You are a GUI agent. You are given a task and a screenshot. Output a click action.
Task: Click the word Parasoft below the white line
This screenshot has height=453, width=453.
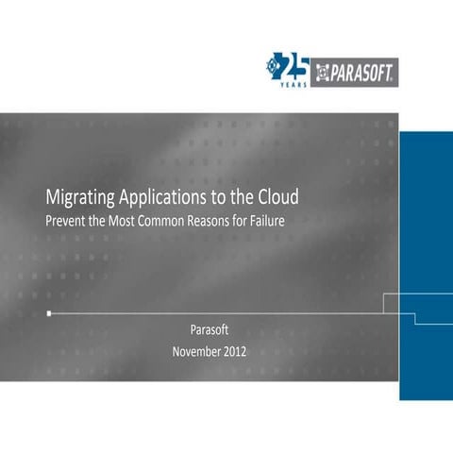click(210, 331)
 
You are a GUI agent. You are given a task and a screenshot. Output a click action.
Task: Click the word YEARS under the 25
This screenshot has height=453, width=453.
click(295, 81)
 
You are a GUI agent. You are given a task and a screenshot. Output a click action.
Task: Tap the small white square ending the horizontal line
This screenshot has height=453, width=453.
click(49, 311)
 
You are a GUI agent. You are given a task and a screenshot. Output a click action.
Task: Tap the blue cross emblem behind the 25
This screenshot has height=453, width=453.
click(276, 64)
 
